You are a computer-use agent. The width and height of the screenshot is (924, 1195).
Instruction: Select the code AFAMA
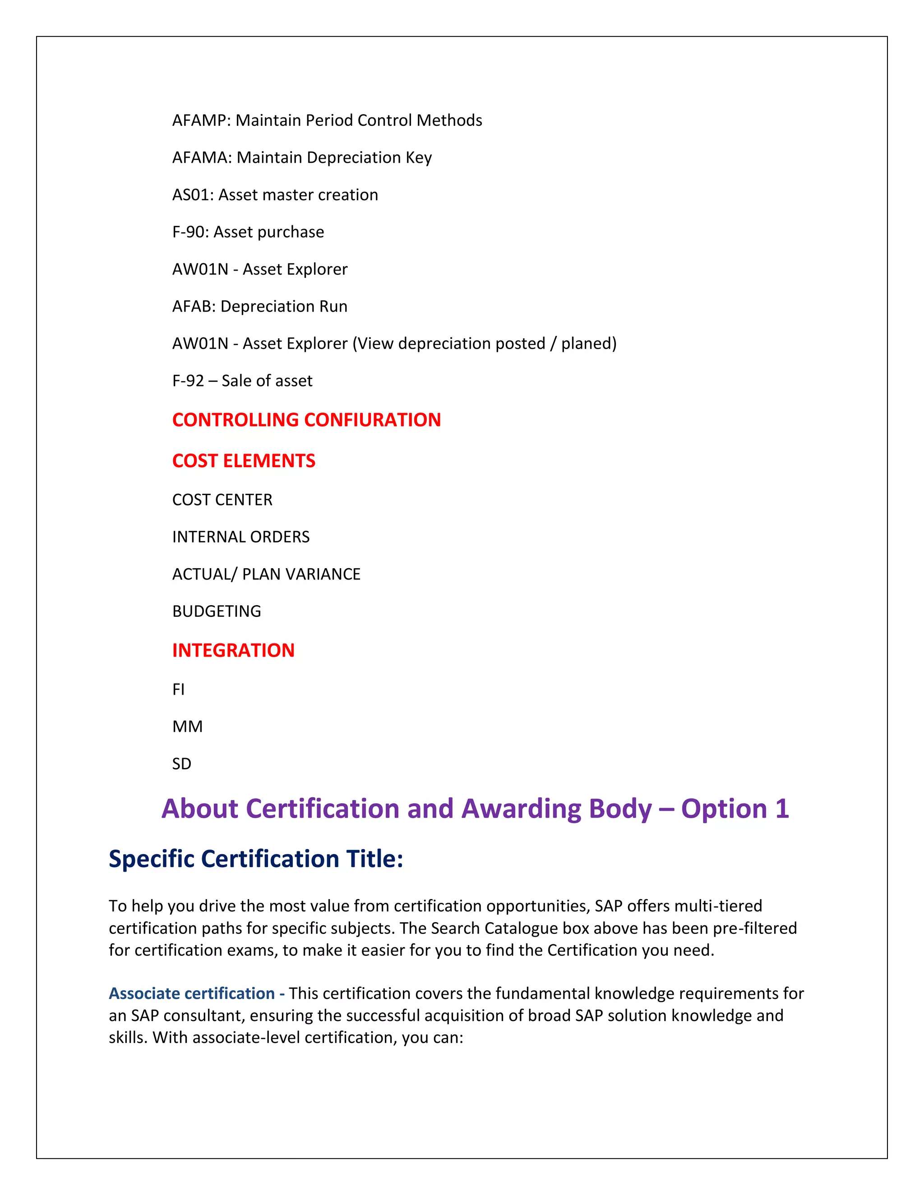click(201, 157)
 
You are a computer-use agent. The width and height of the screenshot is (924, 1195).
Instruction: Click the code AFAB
click(193, 306)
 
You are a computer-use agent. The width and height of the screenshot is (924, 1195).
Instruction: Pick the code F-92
click(188, 381)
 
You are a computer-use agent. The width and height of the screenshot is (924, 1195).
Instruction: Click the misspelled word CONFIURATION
click(372, 420)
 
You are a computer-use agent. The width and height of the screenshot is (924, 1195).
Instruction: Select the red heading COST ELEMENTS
click(244, 461)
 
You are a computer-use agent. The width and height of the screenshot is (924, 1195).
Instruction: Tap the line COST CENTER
click(222, 500)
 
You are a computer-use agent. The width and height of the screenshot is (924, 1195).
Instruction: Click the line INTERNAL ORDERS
click(241, 537)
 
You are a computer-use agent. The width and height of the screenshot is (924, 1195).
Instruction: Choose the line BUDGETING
click(217, 611)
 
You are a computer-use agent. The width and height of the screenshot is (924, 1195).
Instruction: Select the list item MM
click(187, 726)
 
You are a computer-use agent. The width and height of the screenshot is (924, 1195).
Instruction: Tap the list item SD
click(182, 764)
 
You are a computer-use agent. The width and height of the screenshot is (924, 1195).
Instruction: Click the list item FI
click(179, 689)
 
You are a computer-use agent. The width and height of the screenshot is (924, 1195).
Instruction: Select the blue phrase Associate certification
click(192, 993)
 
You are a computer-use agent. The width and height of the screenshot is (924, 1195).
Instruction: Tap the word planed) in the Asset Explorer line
click(589, 344)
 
